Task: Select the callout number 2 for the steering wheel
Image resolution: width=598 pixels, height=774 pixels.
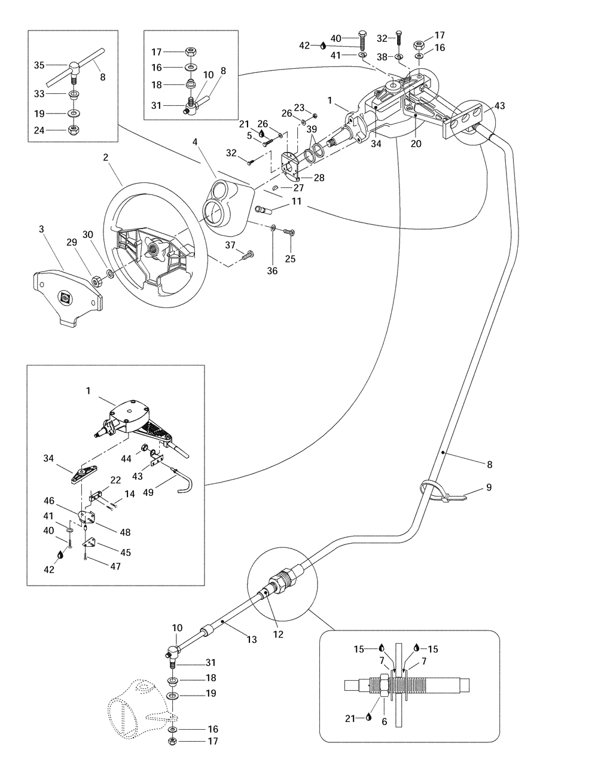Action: [x=106, y=157]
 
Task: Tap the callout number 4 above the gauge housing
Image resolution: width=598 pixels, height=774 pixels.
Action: [x=195, y=142]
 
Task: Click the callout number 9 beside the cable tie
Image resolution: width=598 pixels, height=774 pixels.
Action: [x=489, y=487]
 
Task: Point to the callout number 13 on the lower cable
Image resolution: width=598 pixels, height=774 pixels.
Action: [x=252, y=640]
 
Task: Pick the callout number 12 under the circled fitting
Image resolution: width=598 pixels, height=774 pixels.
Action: [x=278, y=634]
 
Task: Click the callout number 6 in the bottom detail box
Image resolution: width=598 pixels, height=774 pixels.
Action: [x=385, y=722]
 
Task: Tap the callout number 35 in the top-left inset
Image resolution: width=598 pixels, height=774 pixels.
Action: [x=39, y=65]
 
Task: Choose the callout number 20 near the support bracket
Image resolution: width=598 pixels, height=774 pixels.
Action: [x=416, y=144]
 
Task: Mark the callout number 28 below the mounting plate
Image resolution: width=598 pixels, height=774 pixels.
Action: [x=319, y=178]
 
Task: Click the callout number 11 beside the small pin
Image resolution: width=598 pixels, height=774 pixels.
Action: [x=297, y=203]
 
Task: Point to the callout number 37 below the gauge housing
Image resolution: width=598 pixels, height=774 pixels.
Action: [x=231, y=245]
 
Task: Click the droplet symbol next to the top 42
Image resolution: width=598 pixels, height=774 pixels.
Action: [x=323, y=45]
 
